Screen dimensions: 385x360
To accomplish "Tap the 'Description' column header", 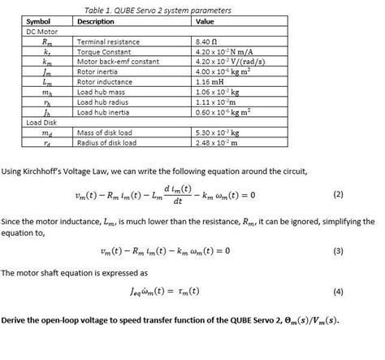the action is pyautogui.click(x=95, y=20).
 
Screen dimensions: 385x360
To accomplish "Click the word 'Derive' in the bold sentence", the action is pyautogui.click(x=15, y=320).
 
